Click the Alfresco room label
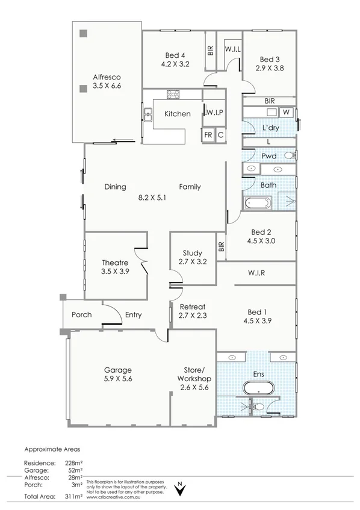pos(107,77)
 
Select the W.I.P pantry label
pos(215,113)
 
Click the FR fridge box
pos(208,135)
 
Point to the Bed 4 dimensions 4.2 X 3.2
pos(175,64)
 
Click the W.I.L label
pos(233,49)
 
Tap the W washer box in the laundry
pos(287,112)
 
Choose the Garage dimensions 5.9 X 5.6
pos(117,379)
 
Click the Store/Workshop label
pos(193,375)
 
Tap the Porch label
pos(81,314)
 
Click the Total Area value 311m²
pos(74,496)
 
